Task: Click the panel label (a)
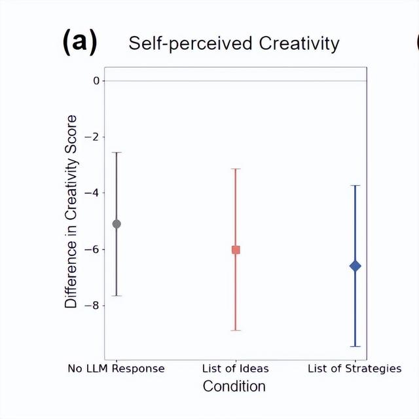[x=79, y=42]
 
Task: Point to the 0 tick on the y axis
[x=96, y=81]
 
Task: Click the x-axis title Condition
[x=234, y=386]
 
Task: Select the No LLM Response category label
[x=117, y=369]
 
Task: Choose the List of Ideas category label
[x=236, y=369]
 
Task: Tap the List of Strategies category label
[x=354, y=369]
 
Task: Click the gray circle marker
[x=117, y=224]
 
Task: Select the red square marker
[x=236, y=249]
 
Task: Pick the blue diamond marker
[x=355, y=266]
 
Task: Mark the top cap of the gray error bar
[x=117, y=153]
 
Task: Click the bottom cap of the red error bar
[x=236, y=330]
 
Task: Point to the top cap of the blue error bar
[x=355, y=185]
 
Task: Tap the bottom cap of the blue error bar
[x=355, y=346]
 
